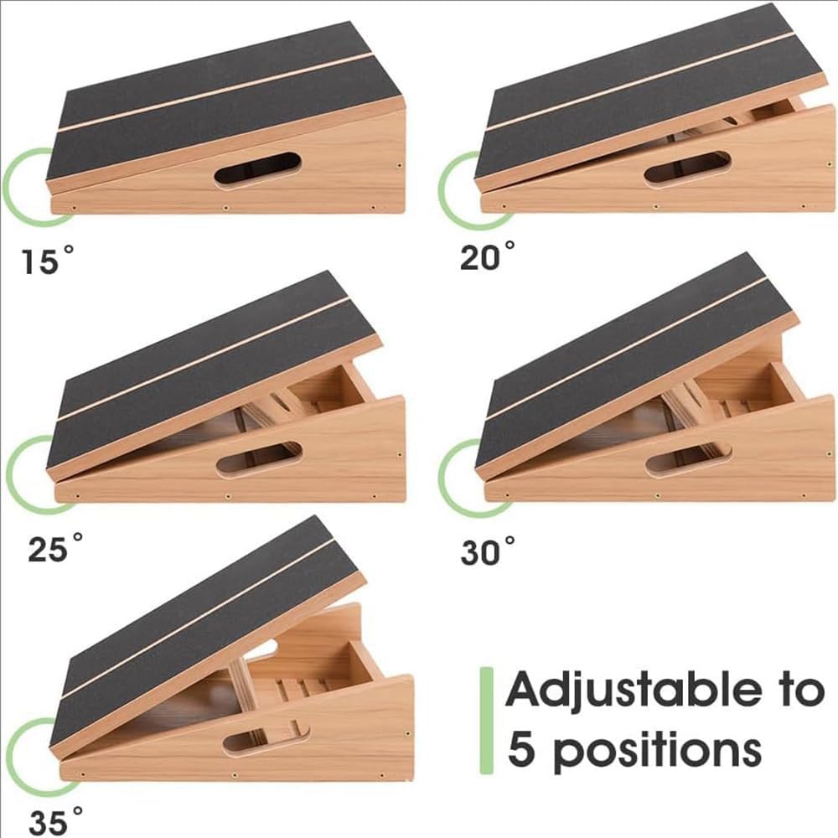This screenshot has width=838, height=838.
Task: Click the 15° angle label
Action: pyautogui.click(x=47, y=260)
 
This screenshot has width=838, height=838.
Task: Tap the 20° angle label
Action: pyautogui.click(x=487, y=255)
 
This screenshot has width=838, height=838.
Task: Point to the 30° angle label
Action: pyautogui.click(x=488, y=551)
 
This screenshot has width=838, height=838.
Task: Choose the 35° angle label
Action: pyautogui.click(x=55, y=820)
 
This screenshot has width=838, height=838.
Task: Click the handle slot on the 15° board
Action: pyautogui.click(x=257, y=169)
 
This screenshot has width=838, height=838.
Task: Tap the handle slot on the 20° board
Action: pyautogui.click(x=687, y=169)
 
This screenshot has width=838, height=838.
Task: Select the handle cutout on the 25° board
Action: pyautogui.click(x=260, y=458)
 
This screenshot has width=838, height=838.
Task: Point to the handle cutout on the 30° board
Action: pyautogui.click(x=689, y=459)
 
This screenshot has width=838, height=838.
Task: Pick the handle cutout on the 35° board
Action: pyautogui.click(x=266, y=738)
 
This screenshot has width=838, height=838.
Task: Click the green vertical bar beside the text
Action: pyautogui.click(x=486, y=720)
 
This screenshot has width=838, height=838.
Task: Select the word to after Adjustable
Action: pyautogui.click(x=800, y=690)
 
